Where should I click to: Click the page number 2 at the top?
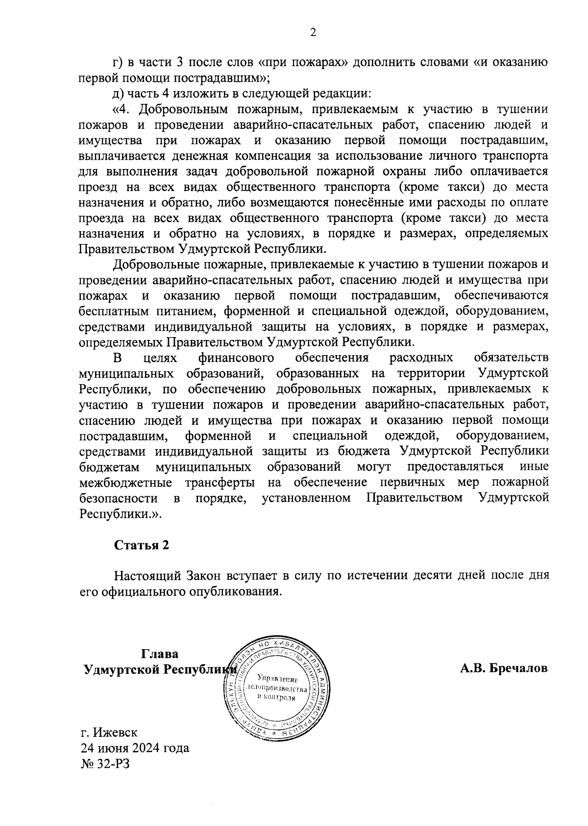coord(313,33)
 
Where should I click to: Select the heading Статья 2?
coord(142,545)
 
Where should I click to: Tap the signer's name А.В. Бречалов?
coord(504,668)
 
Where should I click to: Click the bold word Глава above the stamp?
coord(160,654)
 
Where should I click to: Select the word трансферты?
coord(220,483)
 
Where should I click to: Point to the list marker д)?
coord(119,93)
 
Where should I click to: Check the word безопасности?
coord(118,498)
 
